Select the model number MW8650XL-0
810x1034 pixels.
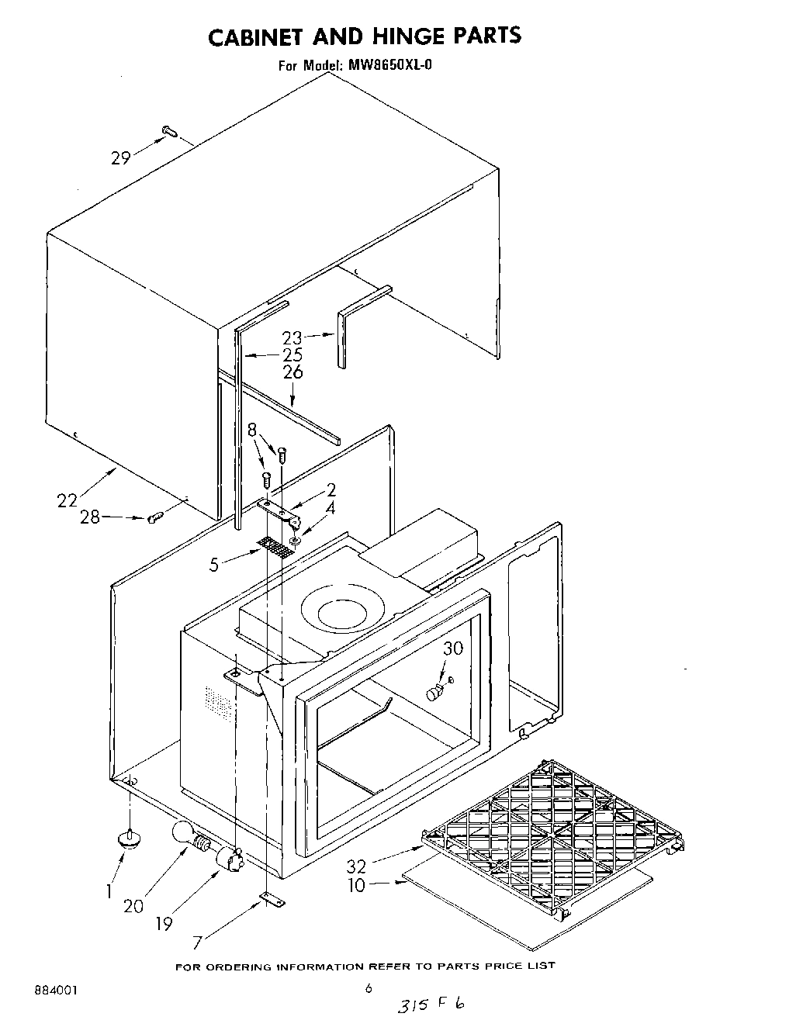[388, 66]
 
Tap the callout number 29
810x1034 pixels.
[120, 158]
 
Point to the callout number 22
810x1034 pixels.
[68, 501]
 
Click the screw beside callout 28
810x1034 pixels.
[154, 517]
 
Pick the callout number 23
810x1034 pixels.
[292, 337]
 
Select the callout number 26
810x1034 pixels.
[292, 372]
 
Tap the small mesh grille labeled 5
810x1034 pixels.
[278, 547]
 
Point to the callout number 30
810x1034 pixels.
[452, 648]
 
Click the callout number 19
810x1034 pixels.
[164, 923]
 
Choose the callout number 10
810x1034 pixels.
[357, 885]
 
